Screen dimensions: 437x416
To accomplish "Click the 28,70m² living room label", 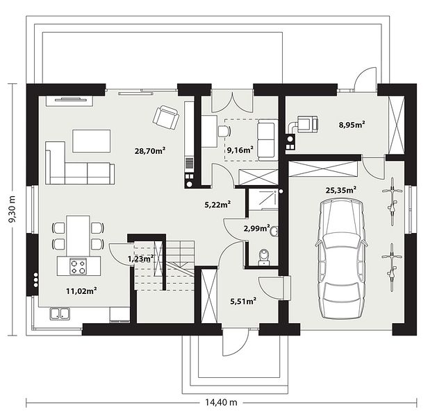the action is pyautogui.click(x=150, y=151).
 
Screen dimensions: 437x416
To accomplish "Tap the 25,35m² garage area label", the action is pyautogui.click(x=341, y=190).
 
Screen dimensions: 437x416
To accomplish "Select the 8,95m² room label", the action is pyautogui.click(x=352, y=125).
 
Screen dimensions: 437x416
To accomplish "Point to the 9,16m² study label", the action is pyautogui.click(x=240, y=150).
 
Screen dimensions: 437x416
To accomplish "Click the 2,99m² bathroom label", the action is pyautogui.click(x=256, y=228).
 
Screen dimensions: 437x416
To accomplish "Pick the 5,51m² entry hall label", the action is pyautogui.click(x=243, y=301).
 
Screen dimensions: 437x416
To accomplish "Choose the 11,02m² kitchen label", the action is pyautogui.click(x=81, y=291).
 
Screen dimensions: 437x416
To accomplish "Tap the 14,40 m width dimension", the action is pyautogui.click(x=222, y=402).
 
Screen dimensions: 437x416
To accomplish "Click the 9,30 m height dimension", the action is pyautogui.click(x=12, y=209).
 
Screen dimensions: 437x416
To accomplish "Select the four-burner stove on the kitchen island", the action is pyautogui.click(x=78, y=266).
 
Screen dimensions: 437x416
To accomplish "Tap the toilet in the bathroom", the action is pyautogui.click(x=263, y=257).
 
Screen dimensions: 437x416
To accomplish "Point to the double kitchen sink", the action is pyautogui.click(x=60, y=313).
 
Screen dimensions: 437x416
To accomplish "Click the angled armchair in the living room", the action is pyautogui.click(x=166, y=118).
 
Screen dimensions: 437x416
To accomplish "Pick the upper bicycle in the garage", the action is pyautogui.click(x=393, y=201).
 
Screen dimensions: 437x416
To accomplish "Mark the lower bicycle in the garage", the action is pyautogui.click(x=392, y=267).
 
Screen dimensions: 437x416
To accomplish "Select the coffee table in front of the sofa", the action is pyautogui.click(x=92, y=141).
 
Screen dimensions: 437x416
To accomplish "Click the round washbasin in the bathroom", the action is pyautogui.click(x=274, y=232).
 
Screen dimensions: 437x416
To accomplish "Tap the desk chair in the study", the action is pyautogui.click(x=224, y=131).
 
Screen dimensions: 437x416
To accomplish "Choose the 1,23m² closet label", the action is pyautogui.click(x=140, y=259).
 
